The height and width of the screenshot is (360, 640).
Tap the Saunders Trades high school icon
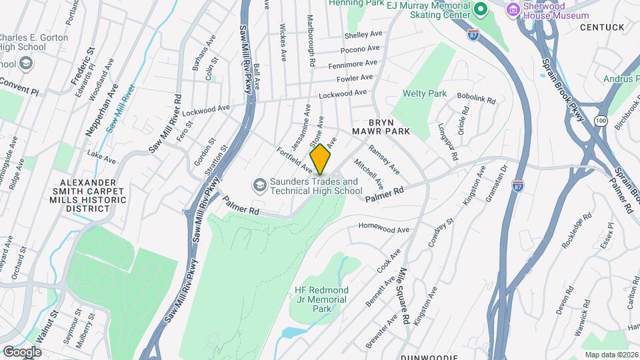click(x=259, y=185)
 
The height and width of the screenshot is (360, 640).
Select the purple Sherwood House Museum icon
click(x=513, y=9)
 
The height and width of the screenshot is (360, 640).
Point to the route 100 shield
click(x=601, y=120)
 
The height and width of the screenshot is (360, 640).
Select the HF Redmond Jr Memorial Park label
click(x=321, y=299)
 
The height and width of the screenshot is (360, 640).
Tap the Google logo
click(x=22, y=351)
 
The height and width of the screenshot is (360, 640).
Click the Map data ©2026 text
click(x=611, y=354)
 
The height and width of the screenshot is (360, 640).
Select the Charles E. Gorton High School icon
click(x=27, y=64)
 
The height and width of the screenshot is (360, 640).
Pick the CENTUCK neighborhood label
click(x=601, y=27)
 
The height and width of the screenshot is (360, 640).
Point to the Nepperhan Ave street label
click(x=101, y=111)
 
